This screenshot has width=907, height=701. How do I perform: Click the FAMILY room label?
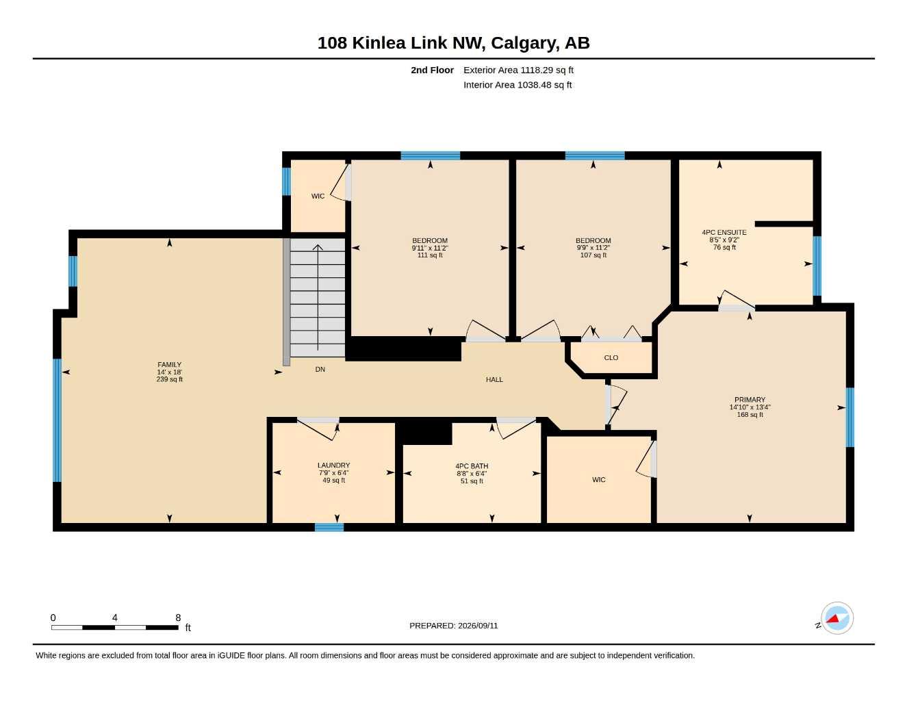click(170, 365)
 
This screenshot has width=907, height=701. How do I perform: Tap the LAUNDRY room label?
click(333, 466)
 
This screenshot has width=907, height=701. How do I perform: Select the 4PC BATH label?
click(472, 466)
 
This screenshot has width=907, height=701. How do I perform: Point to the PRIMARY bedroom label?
click(750, 400)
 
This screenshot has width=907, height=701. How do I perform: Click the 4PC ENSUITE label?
click(724, 233)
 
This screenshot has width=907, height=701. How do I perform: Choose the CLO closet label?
click(611, 357)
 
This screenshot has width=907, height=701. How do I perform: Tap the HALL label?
click(494, 379)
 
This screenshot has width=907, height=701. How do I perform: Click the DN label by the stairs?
click(320, 369)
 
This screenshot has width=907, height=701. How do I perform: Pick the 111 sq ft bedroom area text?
click(430, 255)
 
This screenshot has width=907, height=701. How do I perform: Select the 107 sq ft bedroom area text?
click(593, 255)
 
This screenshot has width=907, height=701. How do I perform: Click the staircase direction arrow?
click(318, 297)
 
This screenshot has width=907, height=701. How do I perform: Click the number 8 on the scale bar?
click(178, 617)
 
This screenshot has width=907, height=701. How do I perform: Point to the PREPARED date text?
click(454, 626)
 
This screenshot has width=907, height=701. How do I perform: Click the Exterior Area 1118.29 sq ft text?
click(518, 70)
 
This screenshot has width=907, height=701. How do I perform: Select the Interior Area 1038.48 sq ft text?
click(518, 85)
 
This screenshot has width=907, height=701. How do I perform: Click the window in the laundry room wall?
click(329, 527)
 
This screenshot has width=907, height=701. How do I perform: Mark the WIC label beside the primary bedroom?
click(598, 480)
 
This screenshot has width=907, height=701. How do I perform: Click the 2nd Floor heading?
click(432, 70)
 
